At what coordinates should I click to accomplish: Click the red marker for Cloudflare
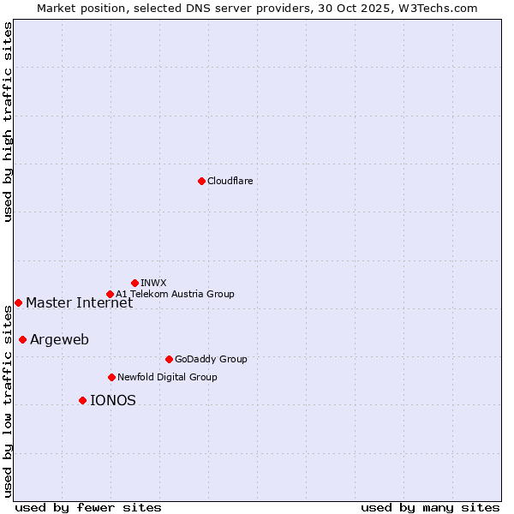click(x=201, y=181)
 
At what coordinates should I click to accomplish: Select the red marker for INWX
click(x=135, y=283)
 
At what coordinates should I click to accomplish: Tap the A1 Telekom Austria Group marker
click(x=110, y=294)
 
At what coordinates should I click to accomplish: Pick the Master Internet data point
click(x=18, y=302)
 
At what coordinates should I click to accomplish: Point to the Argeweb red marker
click(x=22, y=339)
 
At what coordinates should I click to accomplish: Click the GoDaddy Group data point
click(x=169, y=359)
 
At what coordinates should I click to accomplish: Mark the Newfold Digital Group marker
click(x=111, y=377)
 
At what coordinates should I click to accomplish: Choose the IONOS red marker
click(x=82, y=400)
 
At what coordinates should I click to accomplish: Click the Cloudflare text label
click(x=230, y=181)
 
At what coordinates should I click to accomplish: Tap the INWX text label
click(x=153, y=283)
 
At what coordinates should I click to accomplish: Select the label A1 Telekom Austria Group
click(x=175, y=294)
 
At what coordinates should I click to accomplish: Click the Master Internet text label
click(x=79, y=302)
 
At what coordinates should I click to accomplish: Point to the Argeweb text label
click(x=59, y=339)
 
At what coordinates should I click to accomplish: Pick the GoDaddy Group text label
click(x=211, y=359)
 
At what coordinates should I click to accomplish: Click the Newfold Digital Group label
click(x=167, y=377)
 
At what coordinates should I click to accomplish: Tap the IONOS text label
click(x=112, y=400)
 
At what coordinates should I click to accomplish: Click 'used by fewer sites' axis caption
click(x=88, y=507)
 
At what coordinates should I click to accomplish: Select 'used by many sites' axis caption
click(x=430, y=507)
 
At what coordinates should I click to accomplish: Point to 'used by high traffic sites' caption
click(x=8, y=122)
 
